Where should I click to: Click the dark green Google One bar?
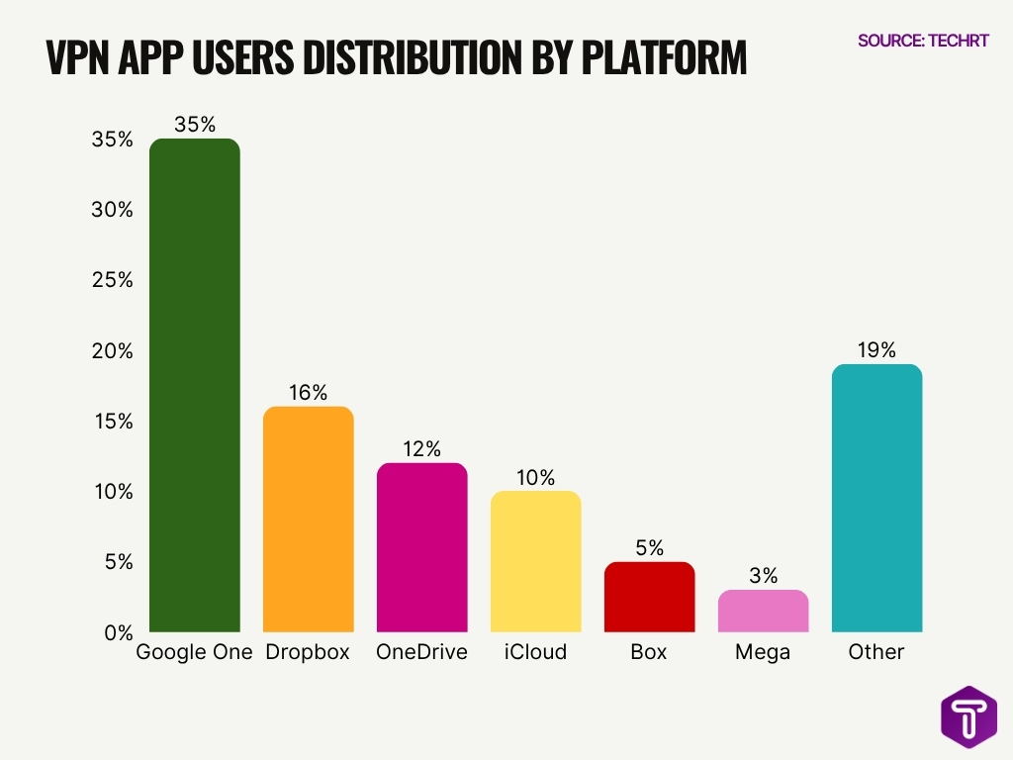click(x=194, y=385)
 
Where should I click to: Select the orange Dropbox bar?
click(x=308, y=519)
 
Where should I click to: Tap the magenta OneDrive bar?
click(x=421, y=547)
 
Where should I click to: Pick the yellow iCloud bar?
click(x=535, y=561)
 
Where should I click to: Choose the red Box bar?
click(x=649, y=597)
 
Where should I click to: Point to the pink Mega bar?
click(x=763, y=611)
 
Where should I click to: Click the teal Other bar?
click(x=876, y=498)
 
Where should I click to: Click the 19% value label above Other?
click(x=876, y=350)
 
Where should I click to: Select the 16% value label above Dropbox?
click(x=308, y=393)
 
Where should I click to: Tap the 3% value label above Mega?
click(x=763, y=576)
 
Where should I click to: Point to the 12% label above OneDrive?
click(x=421, y=449)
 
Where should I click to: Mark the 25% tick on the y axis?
click(x=111, y=280)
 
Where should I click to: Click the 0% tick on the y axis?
click(x=117, y=632)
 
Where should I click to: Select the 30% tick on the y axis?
click(x=111, y=210)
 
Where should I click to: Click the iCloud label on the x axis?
click(x=535, y=652)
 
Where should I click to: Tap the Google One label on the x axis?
click(x=194, y=652)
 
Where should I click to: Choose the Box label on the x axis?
click(x=649, y=652)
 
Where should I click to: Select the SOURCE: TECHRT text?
click(x=923, y=41)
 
